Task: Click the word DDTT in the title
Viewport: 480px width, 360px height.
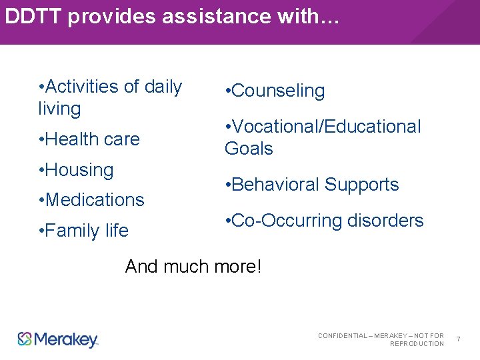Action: (x=33, y=17)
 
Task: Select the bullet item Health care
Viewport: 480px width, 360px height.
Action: (x=89, y=139)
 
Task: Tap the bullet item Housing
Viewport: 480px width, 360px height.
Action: (x=77, y=170)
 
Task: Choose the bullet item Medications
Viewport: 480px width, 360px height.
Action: (x=92, y=200)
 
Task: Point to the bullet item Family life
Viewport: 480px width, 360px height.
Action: (x=84, y=231)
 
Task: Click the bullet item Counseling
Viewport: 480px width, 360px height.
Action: (x=275, y=91)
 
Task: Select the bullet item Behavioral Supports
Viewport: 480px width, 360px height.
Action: (x=312, y=185)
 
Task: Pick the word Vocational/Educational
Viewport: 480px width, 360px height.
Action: (x=327, y=127)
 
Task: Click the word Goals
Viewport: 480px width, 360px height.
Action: (x=249, y=149)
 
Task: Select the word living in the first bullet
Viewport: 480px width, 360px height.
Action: (x=59, y=109)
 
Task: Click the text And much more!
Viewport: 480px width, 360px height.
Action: (x=193, y=267)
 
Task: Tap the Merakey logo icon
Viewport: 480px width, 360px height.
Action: (x=25, y=339)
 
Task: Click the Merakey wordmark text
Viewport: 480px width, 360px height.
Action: (x=65, y=340)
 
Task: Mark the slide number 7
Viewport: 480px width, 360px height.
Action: (x=459, y=340)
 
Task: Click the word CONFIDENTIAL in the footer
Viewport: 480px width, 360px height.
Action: (x=343, y=335)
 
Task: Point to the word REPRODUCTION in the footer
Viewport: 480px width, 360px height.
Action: (x=417, y=344)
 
